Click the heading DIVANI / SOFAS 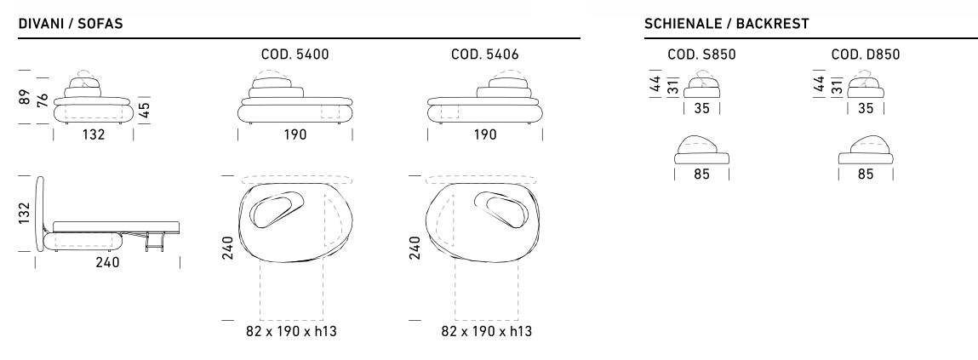coord(71,24)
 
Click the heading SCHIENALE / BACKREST coord(727,24)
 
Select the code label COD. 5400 coord(295,54)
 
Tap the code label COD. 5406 coord(484,54)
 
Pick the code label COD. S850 coord(701,54)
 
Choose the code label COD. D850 coord(866,54)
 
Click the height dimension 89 coord(25,97)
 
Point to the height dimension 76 coord(43,100)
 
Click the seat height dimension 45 coord(144,110)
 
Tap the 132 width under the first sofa coord(94,134)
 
